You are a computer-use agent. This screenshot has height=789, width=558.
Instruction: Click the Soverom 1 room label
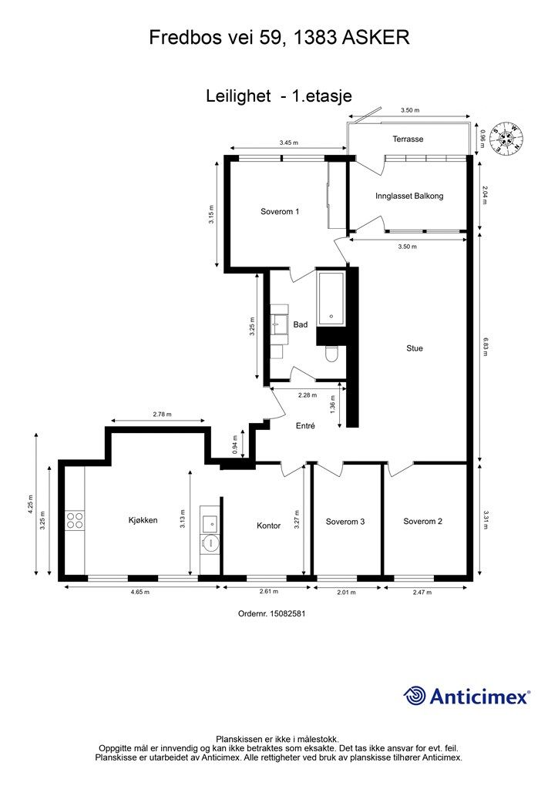[280, 211]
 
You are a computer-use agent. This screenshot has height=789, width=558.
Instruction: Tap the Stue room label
[415, 348]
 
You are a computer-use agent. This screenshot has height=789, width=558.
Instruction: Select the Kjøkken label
[143, 520]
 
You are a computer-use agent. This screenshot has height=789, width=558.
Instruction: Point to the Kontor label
[269, 525]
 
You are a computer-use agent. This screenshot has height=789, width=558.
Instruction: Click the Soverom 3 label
[345, 522]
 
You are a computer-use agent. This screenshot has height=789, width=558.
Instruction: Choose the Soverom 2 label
[422, 522]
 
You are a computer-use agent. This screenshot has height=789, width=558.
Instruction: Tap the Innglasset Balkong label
[409, 196]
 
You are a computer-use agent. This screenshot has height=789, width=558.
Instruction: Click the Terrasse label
[408, 139]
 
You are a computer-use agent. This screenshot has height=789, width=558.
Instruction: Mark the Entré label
[305, 425]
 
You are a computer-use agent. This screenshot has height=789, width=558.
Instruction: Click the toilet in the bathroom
[332, 354]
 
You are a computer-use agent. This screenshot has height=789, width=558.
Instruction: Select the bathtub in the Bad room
[331, 298]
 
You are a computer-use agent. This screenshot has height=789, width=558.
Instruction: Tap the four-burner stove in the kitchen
[75, 520]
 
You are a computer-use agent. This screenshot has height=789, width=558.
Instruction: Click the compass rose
[508, 138]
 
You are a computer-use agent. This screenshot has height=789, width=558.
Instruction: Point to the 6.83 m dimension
[485, 347]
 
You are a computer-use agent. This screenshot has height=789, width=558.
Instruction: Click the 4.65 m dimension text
[139, 593]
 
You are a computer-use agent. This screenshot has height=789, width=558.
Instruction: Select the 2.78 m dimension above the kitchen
[162, 414]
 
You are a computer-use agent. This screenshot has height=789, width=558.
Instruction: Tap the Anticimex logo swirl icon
[415, 697]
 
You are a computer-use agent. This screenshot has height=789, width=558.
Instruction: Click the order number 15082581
[287, 614]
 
